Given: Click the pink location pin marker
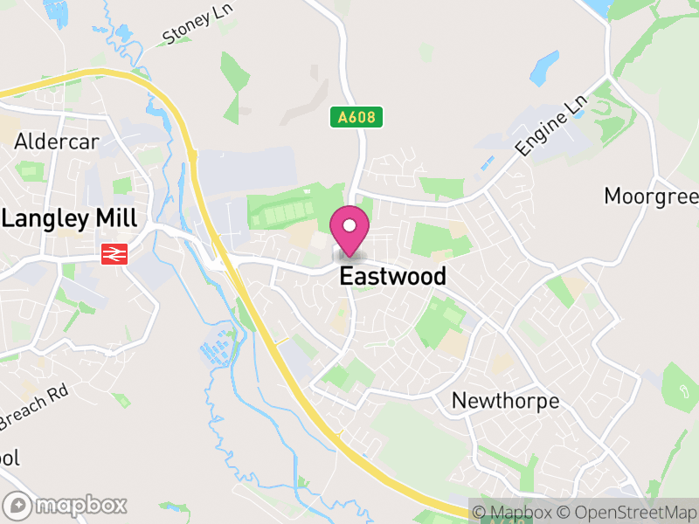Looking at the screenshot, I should coord(349,231).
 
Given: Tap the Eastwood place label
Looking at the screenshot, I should coord(392,277).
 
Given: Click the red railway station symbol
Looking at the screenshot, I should coord(113,253).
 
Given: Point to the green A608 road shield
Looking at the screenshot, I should coord(356,116).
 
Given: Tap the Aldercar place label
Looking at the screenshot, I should coord(57,142).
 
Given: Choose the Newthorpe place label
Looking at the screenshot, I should coord(505,401).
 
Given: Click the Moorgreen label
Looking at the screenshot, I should coord(651,196).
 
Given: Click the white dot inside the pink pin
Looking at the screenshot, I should coord(349,225).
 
